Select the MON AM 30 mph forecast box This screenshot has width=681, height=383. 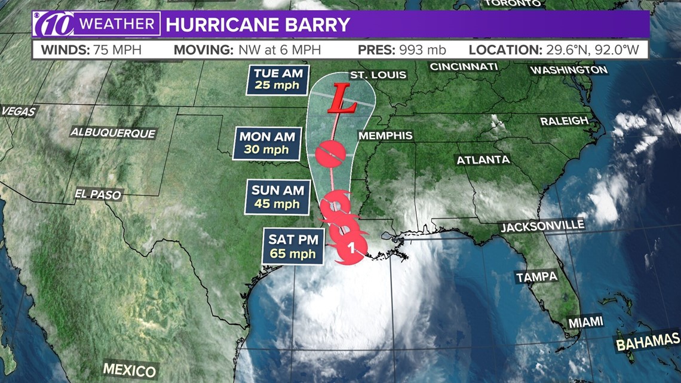click(267, 143)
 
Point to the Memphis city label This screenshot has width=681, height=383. click(385, 136)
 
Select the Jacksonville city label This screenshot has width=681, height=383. click(542, 226)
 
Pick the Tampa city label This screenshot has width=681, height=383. click(536, 277)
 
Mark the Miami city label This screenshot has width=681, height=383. click(585, 322)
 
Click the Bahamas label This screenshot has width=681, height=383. click(648, 342)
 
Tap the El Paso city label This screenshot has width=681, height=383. click(98, 194)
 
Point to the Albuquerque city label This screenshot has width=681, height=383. click(113, 133)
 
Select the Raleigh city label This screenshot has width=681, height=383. click(564, 121)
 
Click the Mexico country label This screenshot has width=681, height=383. click(129, 369)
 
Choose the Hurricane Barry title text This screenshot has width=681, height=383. click(257, 25)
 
